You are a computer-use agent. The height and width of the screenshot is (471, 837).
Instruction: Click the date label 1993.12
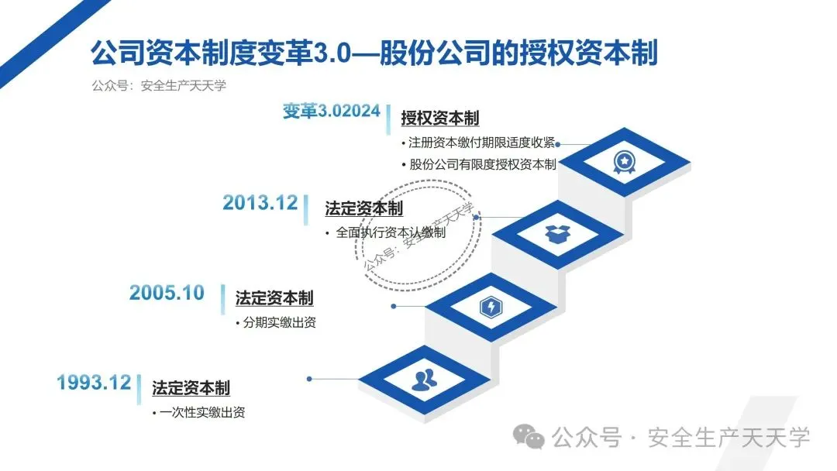(x=94, y=382)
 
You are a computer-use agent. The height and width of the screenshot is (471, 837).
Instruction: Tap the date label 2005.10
(x=167, y=293)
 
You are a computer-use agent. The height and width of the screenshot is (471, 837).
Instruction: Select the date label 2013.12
(x=260, y=203)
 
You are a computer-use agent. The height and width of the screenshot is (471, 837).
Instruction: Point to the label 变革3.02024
(x=331, y=112)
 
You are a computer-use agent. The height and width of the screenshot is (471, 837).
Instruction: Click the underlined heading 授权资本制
(x=439, y=119)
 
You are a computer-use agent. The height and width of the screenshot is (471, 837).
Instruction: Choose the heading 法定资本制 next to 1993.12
(x=191, y=388)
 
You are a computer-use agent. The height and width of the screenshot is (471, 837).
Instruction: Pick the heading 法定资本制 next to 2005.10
(x=274, y=299)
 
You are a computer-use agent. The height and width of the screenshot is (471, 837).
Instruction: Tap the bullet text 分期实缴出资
(x=279, y=323)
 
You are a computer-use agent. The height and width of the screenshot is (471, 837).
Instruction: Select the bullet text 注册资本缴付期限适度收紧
(x=480, y=143)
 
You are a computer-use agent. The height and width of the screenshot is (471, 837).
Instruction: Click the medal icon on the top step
(x=623, y=161)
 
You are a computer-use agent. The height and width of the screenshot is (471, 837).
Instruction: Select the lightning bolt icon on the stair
(x=491, y=307)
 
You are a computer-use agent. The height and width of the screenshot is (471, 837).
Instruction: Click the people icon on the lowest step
(x=424, y=379)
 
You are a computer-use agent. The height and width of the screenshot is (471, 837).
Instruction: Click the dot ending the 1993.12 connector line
(x=309, y=379)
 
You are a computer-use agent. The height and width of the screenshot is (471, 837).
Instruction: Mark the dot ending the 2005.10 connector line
(x=394, y=306)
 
